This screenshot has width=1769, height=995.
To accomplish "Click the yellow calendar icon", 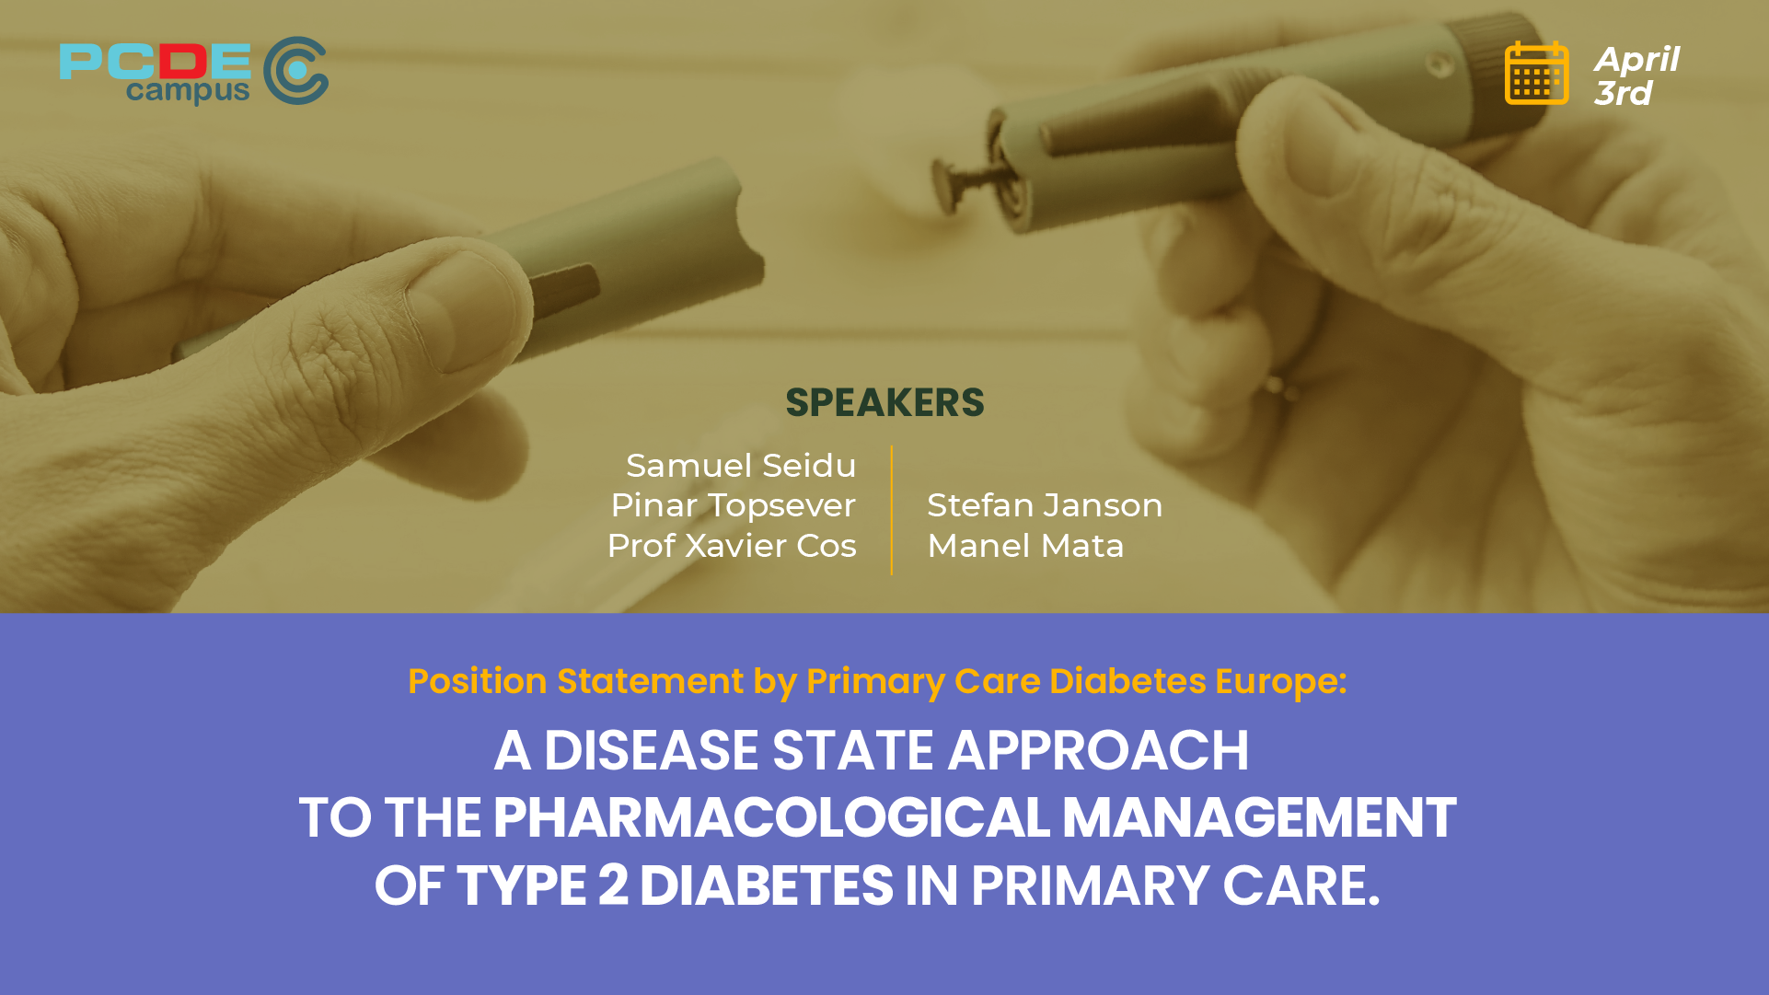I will click(1536, 74).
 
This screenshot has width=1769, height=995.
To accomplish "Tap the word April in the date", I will click(1636, 59).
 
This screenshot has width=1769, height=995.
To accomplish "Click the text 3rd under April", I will click(1623, 93).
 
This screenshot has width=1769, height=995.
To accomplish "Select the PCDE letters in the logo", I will click(155, 62).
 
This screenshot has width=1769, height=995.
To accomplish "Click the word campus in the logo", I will click(188, 91).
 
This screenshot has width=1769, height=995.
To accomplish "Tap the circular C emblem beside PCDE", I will click(295, 71).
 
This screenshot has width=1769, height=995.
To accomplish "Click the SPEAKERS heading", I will click(884, 403).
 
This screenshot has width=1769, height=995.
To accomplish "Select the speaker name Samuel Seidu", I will click(741, 466).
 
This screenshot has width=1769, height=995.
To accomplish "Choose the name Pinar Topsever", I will click(733, 505).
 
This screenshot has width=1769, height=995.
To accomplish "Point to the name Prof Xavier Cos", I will click(732, 546).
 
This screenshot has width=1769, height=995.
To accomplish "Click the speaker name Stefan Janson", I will click(1045, 505).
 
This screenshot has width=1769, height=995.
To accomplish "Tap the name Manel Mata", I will click(1025, 546).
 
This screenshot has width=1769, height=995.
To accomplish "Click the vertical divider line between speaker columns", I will click(892, 511).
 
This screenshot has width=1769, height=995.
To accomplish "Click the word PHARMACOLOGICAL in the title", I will click(771, 817).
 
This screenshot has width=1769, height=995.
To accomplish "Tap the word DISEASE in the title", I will click(651, 750).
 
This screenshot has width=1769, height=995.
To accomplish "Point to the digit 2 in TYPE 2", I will click(613, 885).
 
